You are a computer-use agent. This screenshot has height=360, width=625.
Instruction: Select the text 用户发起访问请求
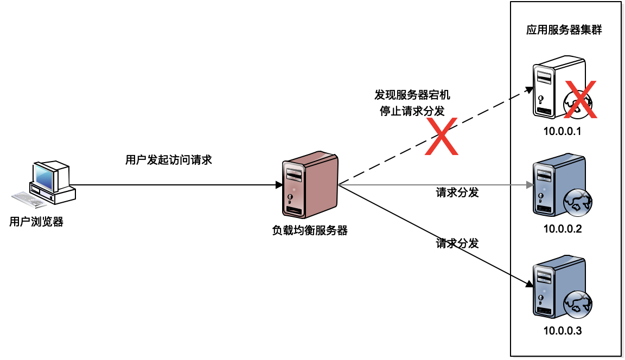(168, 160)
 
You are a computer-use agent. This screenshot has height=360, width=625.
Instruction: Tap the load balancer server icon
(310, 185)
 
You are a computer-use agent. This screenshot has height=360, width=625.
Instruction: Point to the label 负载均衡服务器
(310, 230)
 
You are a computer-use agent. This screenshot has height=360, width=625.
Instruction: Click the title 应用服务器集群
(564, 30)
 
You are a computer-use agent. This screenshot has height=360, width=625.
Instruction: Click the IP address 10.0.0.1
(563, 131)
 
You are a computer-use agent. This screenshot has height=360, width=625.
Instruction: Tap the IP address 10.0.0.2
(563, 229)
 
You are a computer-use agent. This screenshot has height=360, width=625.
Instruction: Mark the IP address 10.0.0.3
(563, 331)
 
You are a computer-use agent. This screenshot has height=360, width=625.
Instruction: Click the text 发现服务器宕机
(412, 95)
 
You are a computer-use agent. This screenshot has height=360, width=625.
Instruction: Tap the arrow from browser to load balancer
(179, 185)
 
